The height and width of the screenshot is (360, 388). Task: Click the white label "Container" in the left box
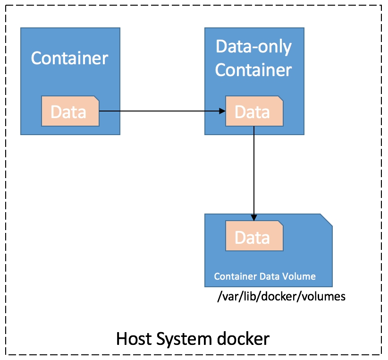click(69, 59)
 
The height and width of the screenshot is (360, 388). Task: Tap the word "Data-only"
click(253, 47)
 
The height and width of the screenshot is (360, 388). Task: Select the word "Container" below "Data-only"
click(253, 70)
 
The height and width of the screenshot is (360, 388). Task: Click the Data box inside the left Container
click(70, 111)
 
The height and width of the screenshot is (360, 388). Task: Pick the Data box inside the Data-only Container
click(254, 111)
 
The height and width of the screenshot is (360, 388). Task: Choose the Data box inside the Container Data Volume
click(254, 236)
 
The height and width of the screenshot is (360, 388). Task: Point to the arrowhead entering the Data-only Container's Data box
click(222, 111)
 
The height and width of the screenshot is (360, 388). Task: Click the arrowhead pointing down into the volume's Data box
click(254, 217)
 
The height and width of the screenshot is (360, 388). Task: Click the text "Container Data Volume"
click(265, 276)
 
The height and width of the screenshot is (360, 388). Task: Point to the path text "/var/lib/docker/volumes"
click(281, 296)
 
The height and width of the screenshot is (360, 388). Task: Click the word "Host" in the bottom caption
click(134, 339)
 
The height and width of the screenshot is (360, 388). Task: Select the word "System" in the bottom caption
click(184, 340)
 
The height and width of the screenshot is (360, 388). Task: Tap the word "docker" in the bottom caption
click(243, 338)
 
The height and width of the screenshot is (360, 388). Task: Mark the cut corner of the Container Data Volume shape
click(326, 220)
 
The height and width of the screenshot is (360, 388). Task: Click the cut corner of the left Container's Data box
click(96, 99)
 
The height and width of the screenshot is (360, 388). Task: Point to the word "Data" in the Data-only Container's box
click(252, 112)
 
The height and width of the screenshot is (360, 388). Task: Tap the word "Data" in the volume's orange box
click(252, 238)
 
